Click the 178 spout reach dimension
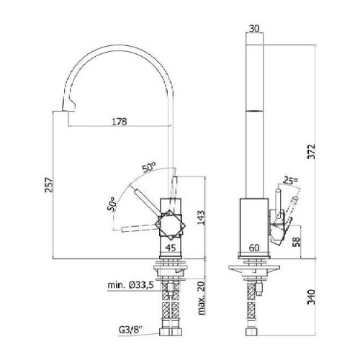[x=120, y=122]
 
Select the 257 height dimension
[x=48, y=185]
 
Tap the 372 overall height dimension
[x=312, y=151]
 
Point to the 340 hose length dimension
[x=312, y=297]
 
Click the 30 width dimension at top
[x=254, y=29]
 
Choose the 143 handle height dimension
[x=201, y=217]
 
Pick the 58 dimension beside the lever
[x=297, y=242]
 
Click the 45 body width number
[x=171, y=248]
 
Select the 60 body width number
[x=254, y=248]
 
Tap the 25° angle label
[x=290, y=180]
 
